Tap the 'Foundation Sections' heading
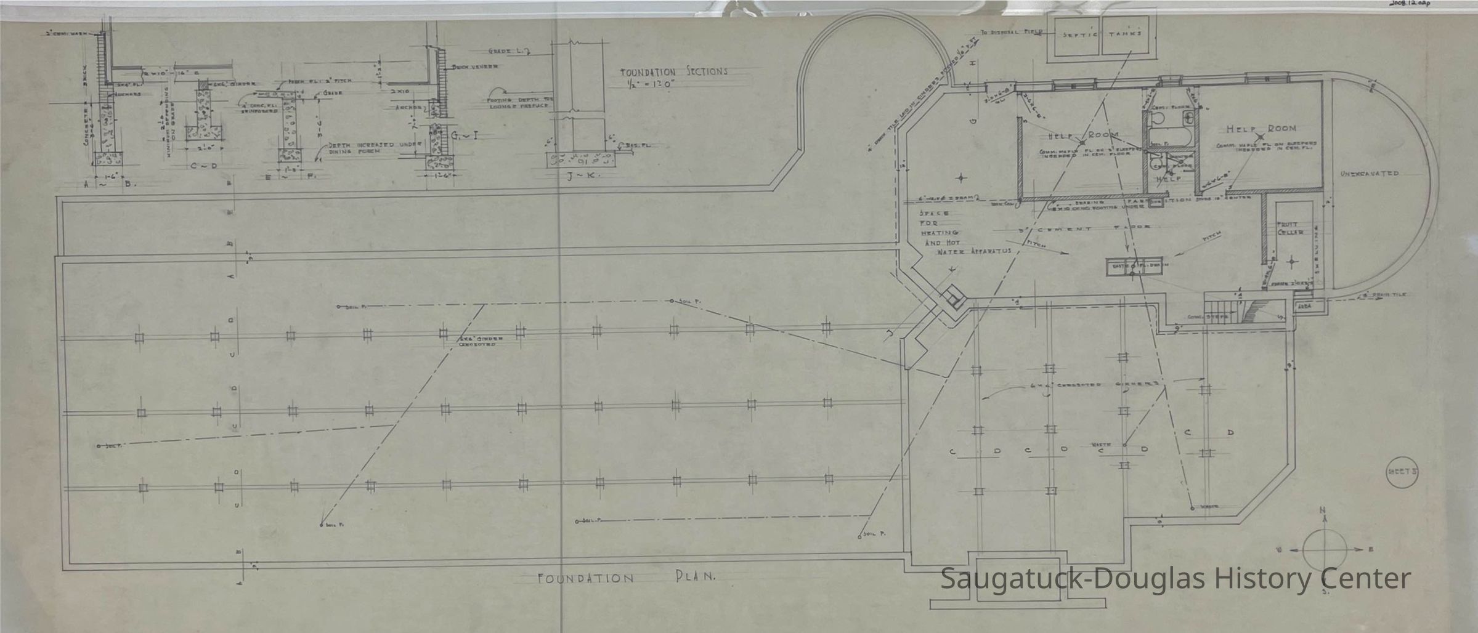click(x=673, y=71)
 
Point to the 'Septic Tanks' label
click(x=1101, y=34)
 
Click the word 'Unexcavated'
click(x=1369, y=174)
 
